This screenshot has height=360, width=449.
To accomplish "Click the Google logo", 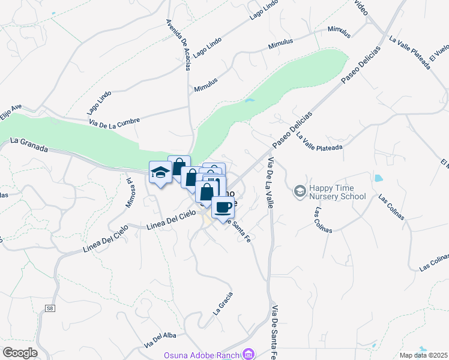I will [x=19, y=353].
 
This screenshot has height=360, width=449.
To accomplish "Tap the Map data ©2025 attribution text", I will [x=423, y=355].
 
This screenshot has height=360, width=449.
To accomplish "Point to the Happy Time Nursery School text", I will [x=337, y=192].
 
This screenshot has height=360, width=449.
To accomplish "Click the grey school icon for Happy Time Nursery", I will [x=299, y=191].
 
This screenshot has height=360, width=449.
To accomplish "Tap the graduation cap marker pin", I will [x=160, y=173].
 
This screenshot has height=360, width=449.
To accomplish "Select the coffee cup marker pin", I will [x=223, y=208].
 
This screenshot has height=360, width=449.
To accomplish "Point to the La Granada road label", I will [x=29, y=145].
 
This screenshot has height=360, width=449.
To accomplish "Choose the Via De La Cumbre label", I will [x=114, y=121].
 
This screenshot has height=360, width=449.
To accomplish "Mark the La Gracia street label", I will [x=223, y=304].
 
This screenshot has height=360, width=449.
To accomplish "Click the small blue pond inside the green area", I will [x=249, y=100].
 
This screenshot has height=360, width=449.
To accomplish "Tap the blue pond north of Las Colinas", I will [x=378, y=178].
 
